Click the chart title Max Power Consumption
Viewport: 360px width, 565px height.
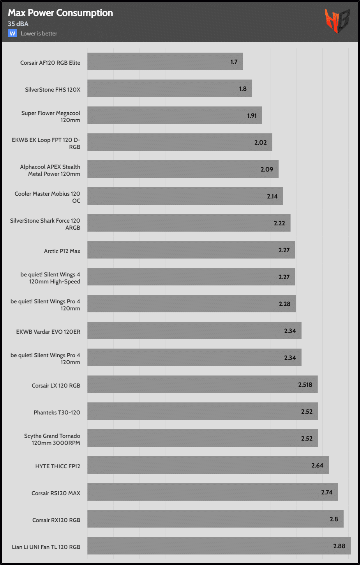(60, 13)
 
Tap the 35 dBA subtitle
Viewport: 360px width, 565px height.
(18, 24)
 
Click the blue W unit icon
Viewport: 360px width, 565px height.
(12, 33)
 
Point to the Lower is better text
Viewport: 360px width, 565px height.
(39, 34)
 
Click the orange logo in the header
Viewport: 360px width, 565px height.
(337, 21)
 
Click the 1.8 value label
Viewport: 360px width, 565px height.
(243, 89)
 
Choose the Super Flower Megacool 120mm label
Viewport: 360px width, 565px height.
(51, 117)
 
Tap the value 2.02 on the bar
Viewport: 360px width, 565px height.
(260, 142)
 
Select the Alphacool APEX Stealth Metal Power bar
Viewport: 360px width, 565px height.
(183, 169)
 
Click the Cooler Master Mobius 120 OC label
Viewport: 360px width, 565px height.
(48, 197)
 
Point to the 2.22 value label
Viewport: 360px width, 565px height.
(279, 223)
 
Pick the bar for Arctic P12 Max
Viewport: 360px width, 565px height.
(191, 250)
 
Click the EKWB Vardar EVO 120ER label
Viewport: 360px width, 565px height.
(48, 331)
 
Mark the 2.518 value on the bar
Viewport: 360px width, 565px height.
(305, 384)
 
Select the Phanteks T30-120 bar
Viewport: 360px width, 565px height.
(203, 411)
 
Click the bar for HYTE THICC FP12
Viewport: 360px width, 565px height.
(208, 465)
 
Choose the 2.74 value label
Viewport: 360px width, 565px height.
(326, 492)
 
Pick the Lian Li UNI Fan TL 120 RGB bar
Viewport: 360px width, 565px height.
(219, 546)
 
